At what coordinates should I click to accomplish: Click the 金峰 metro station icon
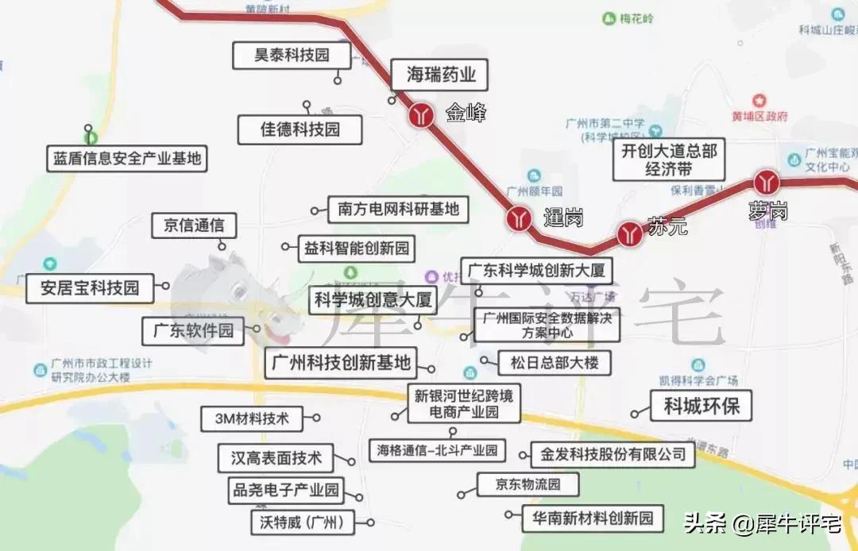pos(422,115)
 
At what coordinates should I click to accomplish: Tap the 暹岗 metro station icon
pos(520,218)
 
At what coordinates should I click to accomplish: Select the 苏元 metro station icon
pos(630,233)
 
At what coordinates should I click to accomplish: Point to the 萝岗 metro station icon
pos(767,182)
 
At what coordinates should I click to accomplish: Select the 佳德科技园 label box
pos(300,129)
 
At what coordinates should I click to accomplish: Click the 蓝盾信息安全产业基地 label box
pos(127,158)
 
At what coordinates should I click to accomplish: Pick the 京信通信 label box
pos(194,225)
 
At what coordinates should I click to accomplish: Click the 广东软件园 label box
pos(193,330)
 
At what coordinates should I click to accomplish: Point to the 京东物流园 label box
pos(528,484)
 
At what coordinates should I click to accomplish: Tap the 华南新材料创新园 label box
pos(593,519)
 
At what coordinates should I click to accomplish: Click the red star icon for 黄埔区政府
pos(760,101)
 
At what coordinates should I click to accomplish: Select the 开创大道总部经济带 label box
pos(669,160)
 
